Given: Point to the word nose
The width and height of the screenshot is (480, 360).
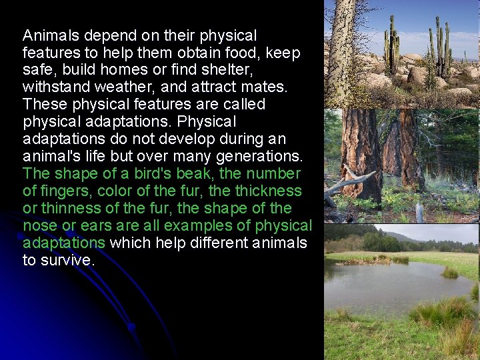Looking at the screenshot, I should tap(40, 226).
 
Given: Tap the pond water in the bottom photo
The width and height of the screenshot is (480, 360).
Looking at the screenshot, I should tap(387, 283).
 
